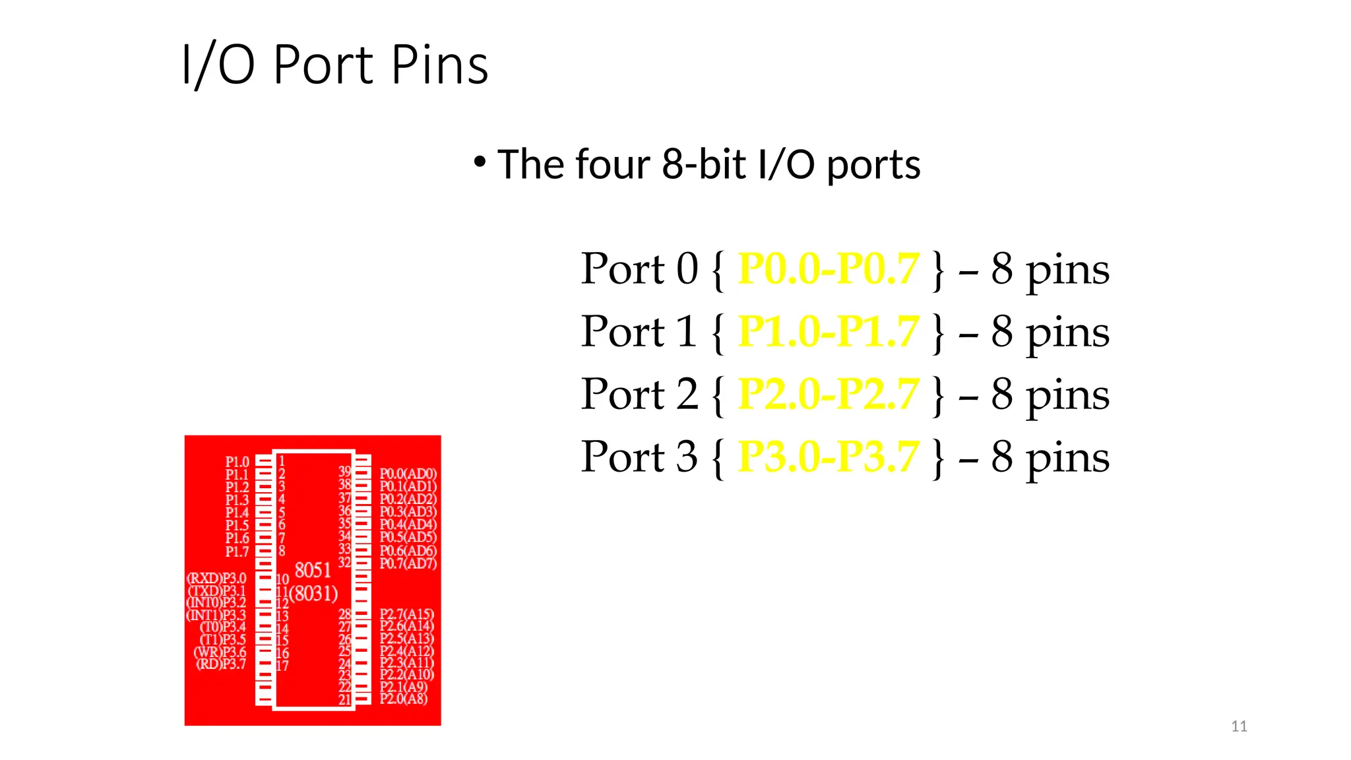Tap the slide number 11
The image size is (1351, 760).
coord(1239,726)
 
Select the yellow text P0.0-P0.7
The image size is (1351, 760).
coord(828,269)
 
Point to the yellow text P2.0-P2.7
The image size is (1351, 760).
coord(828,394)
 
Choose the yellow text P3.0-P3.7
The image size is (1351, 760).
coord(828,456)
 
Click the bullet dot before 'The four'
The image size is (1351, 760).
coord(480,162)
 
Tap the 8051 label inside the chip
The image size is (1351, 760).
coord(313,570)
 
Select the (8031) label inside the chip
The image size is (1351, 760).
coord(314,594)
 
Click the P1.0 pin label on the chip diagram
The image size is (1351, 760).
coord(237,462)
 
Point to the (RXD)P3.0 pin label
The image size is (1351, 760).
coord(216,579)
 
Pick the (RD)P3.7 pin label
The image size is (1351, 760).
coord(221,664)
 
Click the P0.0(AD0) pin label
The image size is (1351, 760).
coord(408,474)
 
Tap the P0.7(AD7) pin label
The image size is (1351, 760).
coord(408,563)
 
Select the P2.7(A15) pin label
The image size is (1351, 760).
coord(406,614)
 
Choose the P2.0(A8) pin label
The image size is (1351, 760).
coord(403,699)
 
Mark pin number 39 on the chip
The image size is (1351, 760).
coord(344,472)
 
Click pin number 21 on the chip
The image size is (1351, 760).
coord(344,700)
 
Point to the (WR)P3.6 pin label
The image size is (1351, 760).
coord(220,652)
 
